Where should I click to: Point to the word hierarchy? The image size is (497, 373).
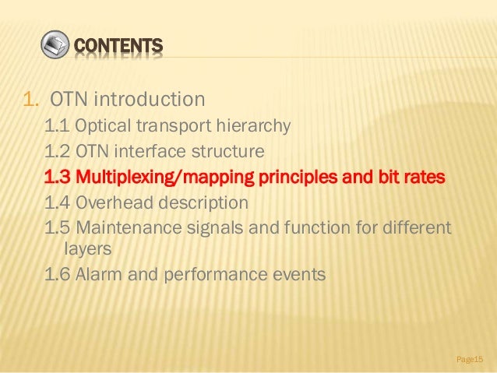(x=250, y=125)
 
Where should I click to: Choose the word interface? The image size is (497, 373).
(x=158, y=150)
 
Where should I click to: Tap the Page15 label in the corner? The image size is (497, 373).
(x=470, y=358)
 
